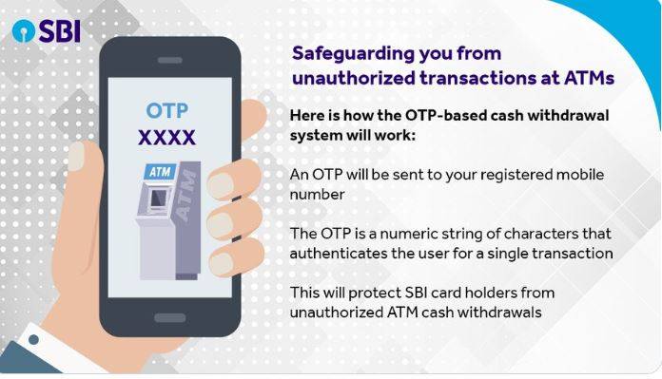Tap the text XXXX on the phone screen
pyautogui.click(x=167, y=138)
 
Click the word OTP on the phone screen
pyautogui.click(x=167, y=110)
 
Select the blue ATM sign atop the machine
pyautogui.click(x=159, y=172)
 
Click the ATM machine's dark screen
pyautogui.click(x=157, y=199)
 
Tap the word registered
pyautogui.click(x=501, y=175)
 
